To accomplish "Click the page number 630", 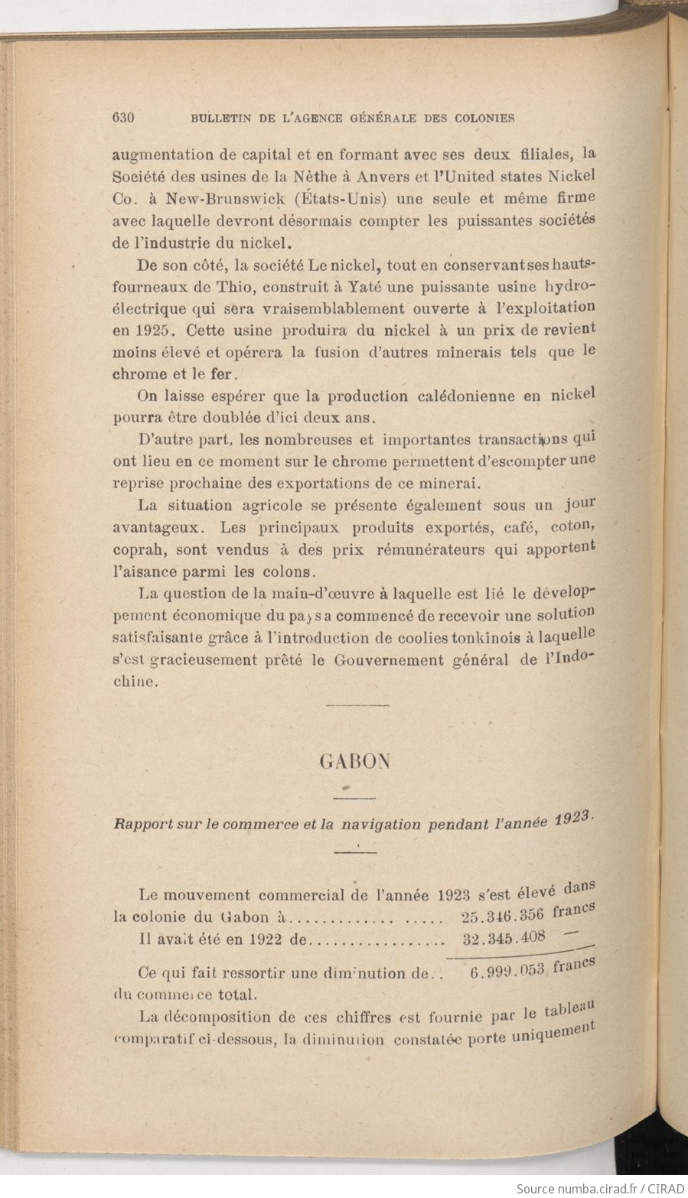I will point(123,118).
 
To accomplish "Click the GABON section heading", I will point(354,761).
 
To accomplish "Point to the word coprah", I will point(135,549).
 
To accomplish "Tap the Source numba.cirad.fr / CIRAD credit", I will point(600,1188).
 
